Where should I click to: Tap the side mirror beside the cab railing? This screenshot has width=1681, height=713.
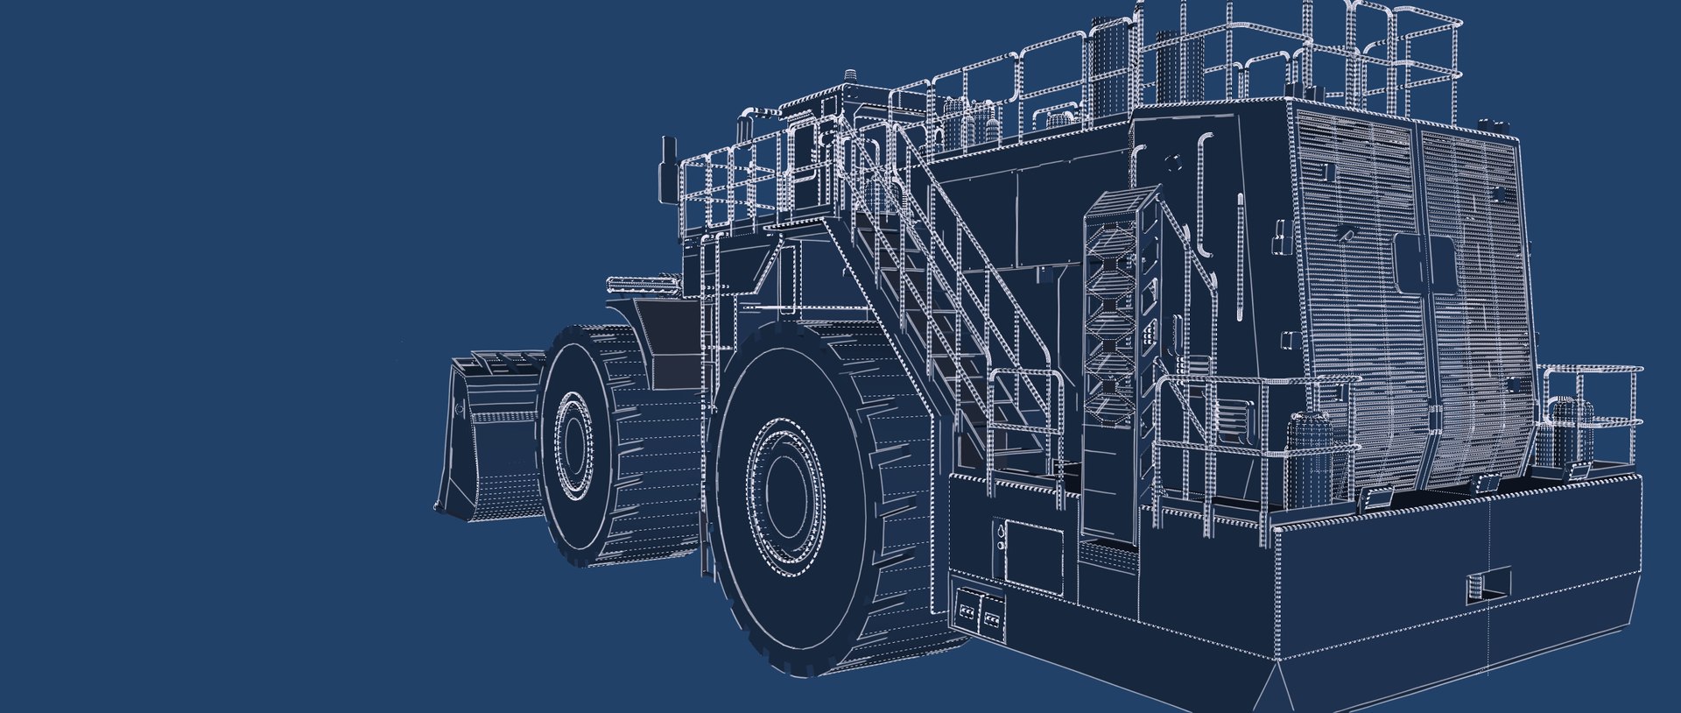[669, 166]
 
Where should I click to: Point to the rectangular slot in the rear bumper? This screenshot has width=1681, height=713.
[1488, 585]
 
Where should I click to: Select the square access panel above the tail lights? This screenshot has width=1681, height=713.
[1033, 552]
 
